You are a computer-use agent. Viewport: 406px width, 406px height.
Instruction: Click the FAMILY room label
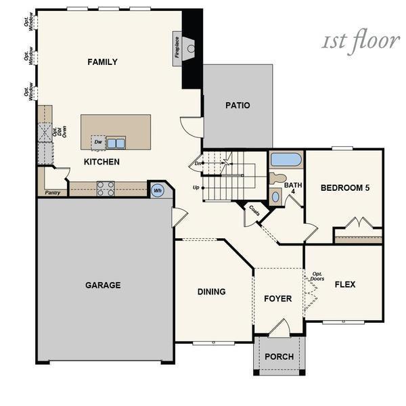[x=102, y=62]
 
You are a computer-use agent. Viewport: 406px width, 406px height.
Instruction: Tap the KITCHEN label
[x=101, y=162]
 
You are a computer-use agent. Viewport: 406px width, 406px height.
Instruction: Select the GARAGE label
[x=103, y=285]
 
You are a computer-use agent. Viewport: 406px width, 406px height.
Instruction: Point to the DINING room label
[x=211, y=292]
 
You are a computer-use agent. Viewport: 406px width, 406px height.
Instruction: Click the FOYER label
[x=277, y=298]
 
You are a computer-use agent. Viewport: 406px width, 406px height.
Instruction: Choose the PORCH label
[x=279, y=357]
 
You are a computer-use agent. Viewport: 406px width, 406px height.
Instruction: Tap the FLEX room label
[x=345, y=285]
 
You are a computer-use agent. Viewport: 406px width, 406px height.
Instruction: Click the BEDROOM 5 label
[x=344, y=187]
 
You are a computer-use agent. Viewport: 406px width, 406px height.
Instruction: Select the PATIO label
[x=238, y=106]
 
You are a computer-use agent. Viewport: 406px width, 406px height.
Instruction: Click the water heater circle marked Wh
[x=158, y=191]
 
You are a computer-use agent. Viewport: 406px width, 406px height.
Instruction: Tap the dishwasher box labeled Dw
[x=98, y=142]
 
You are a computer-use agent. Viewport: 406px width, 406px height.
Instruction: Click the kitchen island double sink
[x=116, y=143]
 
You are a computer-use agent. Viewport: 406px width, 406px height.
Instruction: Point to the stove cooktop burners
[x=106, y=188]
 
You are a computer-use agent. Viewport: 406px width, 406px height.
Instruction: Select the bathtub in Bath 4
[x=286, y=160]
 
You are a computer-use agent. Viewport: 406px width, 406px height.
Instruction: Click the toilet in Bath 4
[x=277, y=179]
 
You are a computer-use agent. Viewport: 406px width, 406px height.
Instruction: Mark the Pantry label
[x=53, y=192]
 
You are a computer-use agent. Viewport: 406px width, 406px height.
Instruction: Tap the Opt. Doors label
[x=317, y=277]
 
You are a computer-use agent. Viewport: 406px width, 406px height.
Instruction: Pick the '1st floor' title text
[x=360, y=41]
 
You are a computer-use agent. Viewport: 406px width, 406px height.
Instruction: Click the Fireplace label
[x=177, y=46]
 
